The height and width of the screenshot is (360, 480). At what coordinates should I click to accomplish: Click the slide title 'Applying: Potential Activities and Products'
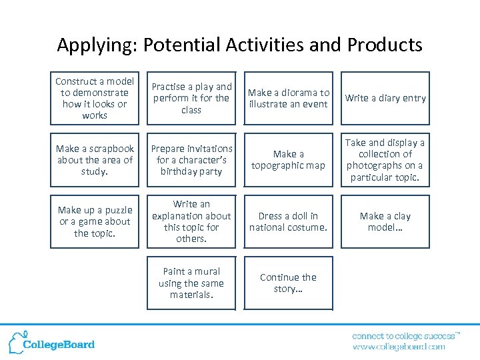pyautogui.click(x=239, y=45)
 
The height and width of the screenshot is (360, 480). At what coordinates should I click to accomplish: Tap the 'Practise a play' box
pyautogui.click(x=191, y=98)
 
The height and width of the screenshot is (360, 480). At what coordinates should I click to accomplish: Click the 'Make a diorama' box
pyautogui.click(x=288, y=98)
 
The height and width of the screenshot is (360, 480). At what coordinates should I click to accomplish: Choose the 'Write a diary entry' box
pyautogui.click(x=385, y=98)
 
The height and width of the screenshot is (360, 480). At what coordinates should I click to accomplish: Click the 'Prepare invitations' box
pyautogui.click(x=191, y=160)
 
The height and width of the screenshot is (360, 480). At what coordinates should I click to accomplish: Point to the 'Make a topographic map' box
pyautogui.click(x=288, y=160)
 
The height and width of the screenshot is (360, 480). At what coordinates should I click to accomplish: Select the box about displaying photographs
pyautogui.click(x=385, y=160)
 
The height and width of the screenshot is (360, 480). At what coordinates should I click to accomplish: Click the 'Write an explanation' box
pyautogui.click(x=191, y=221)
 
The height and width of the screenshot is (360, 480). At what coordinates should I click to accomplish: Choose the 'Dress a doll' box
pyautogui.click(x=288, y=221)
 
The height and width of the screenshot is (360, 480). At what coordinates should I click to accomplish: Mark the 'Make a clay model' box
pyautogui.click(x=385, y=221)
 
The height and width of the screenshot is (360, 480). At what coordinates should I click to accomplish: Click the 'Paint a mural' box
pyautogui.click(x=191, y=283)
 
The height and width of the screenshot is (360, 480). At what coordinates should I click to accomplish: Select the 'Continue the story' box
pyautogui.click(x=288, y=283)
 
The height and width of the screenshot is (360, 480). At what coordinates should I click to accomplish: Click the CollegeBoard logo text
pyautogui.click(x=59, y=345)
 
